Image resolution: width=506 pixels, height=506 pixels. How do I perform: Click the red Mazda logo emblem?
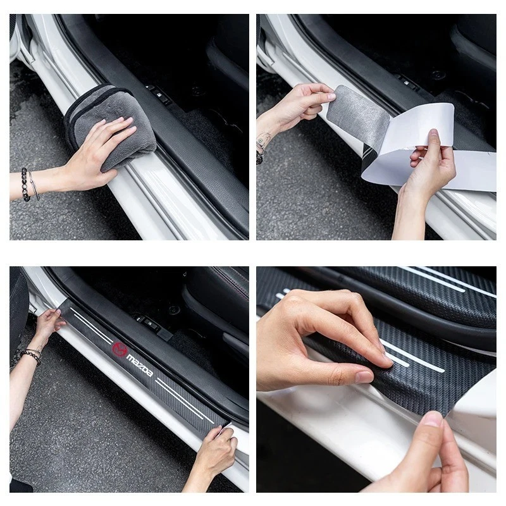tap(120, 349)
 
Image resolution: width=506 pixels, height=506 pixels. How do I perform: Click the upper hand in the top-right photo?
tap(304, 104)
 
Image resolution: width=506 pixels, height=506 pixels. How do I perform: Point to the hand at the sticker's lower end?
tap(215, 452)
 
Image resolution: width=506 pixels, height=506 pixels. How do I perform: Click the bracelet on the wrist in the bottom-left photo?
tap(30, 356)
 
